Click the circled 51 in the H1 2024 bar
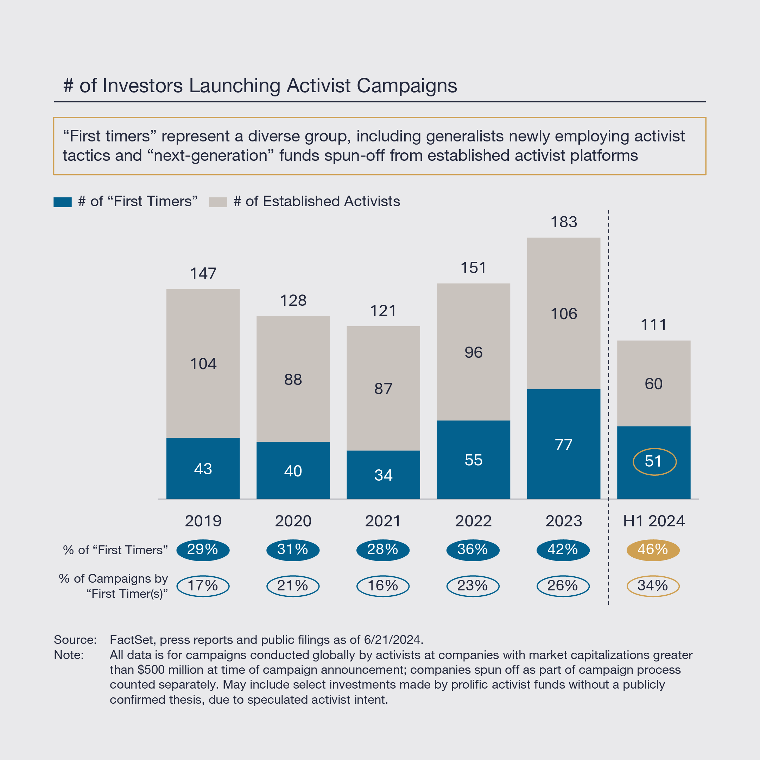pyautogui.click(x=654, y=461)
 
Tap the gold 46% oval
pyautogui.click(x=653, y=550)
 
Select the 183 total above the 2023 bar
pyautogui.click(x=564, y=222)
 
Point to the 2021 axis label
pyautogui.click(x=383, y=521)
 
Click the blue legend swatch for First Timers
pyautogui.click(x=63, y=202)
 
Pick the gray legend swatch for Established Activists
pyautogui.click(x=218, y=202)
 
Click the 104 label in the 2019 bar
pyautogui.click(x=203, y=364)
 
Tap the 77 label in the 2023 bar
pyautogui.click(x=564, y=445)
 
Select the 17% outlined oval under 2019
pyautogui.click(x=203, y=586)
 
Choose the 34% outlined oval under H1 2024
pyautogui.click(x=653, y=586)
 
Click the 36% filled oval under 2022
pyautogui.click(x=473, y=550)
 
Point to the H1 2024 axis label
pyautogui.click(x=654, y=521)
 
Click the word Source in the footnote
pyautogui.click(x=75, y=640)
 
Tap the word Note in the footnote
pyautogui.click(x=69, y=655)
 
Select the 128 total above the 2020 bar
pyautogui.click(x=293, y=300)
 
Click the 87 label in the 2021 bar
pyautogui.click(x=383, y=389)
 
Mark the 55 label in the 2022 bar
pyautogui.click(x=473, y=460)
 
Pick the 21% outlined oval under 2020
pyautogui.click(x=293, y=586)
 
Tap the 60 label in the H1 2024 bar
pyautogui.click(x=654, y=384)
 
